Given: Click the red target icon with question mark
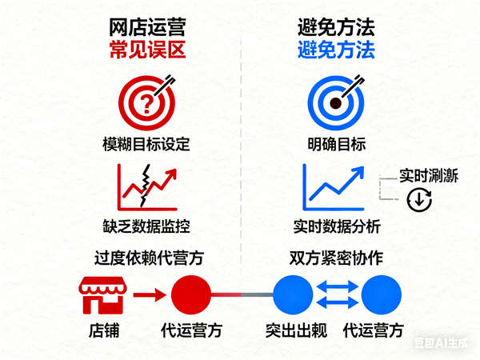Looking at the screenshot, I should pyautogui.click(x=145, y=102).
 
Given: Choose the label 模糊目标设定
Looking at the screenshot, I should pyautogui.click(x=146, y=145).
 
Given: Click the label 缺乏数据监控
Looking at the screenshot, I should pyautogui.click(x=146, y=226).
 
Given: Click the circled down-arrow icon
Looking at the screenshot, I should pyautogui.click(x=418, y=200).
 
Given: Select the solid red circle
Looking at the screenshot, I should pyautogui.click(x=190, y=294).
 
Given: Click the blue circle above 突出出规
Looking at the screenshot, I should pyautogui.click(x=292, y=294).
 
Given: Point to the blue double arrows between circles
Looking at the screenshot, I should pyautogui.click(x=337, y=294).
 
